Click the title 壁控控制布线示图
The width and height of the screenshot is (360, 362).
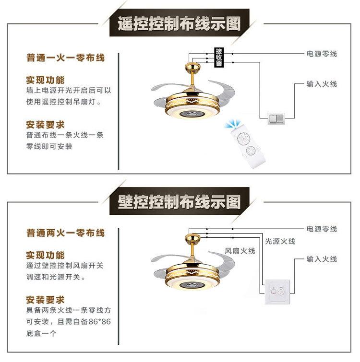179,202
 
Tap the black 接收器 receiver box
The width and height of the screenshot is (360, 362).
219,58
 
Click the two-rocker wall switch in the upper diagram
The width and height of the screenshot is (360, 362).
276,117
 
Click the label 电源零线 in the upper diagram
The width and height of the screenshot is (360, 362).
321,54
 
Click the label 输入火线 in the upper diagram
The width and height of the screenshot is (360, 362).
321,84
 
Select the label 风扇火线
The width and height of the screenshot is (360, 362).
240,251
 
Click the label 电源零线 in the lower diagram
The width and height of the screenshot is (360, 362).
321,229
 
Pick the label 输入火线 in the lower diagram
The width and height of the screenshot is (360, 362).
321,259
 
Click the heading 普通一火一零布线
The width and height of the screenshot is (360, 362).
65,58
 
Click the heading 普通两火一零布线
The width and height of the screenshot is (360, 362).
65,234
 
